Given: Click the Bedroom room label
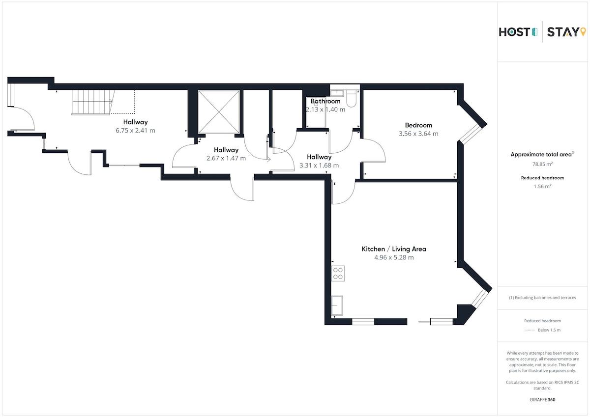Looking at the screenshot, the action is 418,125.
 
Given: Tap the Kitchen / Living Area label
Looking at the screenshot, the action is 394,249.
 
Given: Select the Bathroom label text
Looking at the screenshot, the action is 325,101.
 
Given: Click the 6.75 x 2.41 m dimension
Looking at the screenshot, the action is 135,131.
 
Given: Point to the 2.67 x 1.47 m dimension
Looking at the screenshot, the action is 226,158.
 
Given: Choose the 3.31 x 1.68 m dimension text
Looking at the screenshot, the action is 319,166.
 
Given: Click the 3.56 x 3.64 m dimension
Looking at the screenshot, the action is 418,134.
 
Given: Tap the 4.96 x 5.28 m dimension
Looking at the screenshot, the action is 394,257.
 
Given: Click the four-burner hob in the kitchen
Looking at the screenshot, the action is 338,274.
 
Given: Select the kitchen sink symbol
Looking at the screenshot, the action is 337,305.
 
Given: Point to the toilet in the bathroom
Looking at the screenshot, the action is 352,98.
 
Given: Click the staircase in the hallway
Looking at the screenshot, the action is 92,102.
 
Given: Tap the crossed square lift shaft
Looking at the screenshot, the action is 219,112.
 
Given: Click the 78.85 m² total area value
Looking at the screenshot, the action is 542,164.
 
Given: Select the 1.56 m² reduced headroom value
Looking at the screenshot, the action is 542,186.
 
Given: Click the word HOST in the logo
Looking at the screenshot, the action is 514,32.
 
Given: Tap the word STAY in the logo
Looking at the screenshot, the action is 563,32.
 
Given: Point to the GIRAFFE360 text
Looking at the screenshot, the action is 542,400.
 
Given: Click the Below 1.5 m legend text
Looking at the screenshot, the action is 549,330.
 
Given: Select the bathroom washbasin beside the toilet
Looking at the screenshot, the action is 337,93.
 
